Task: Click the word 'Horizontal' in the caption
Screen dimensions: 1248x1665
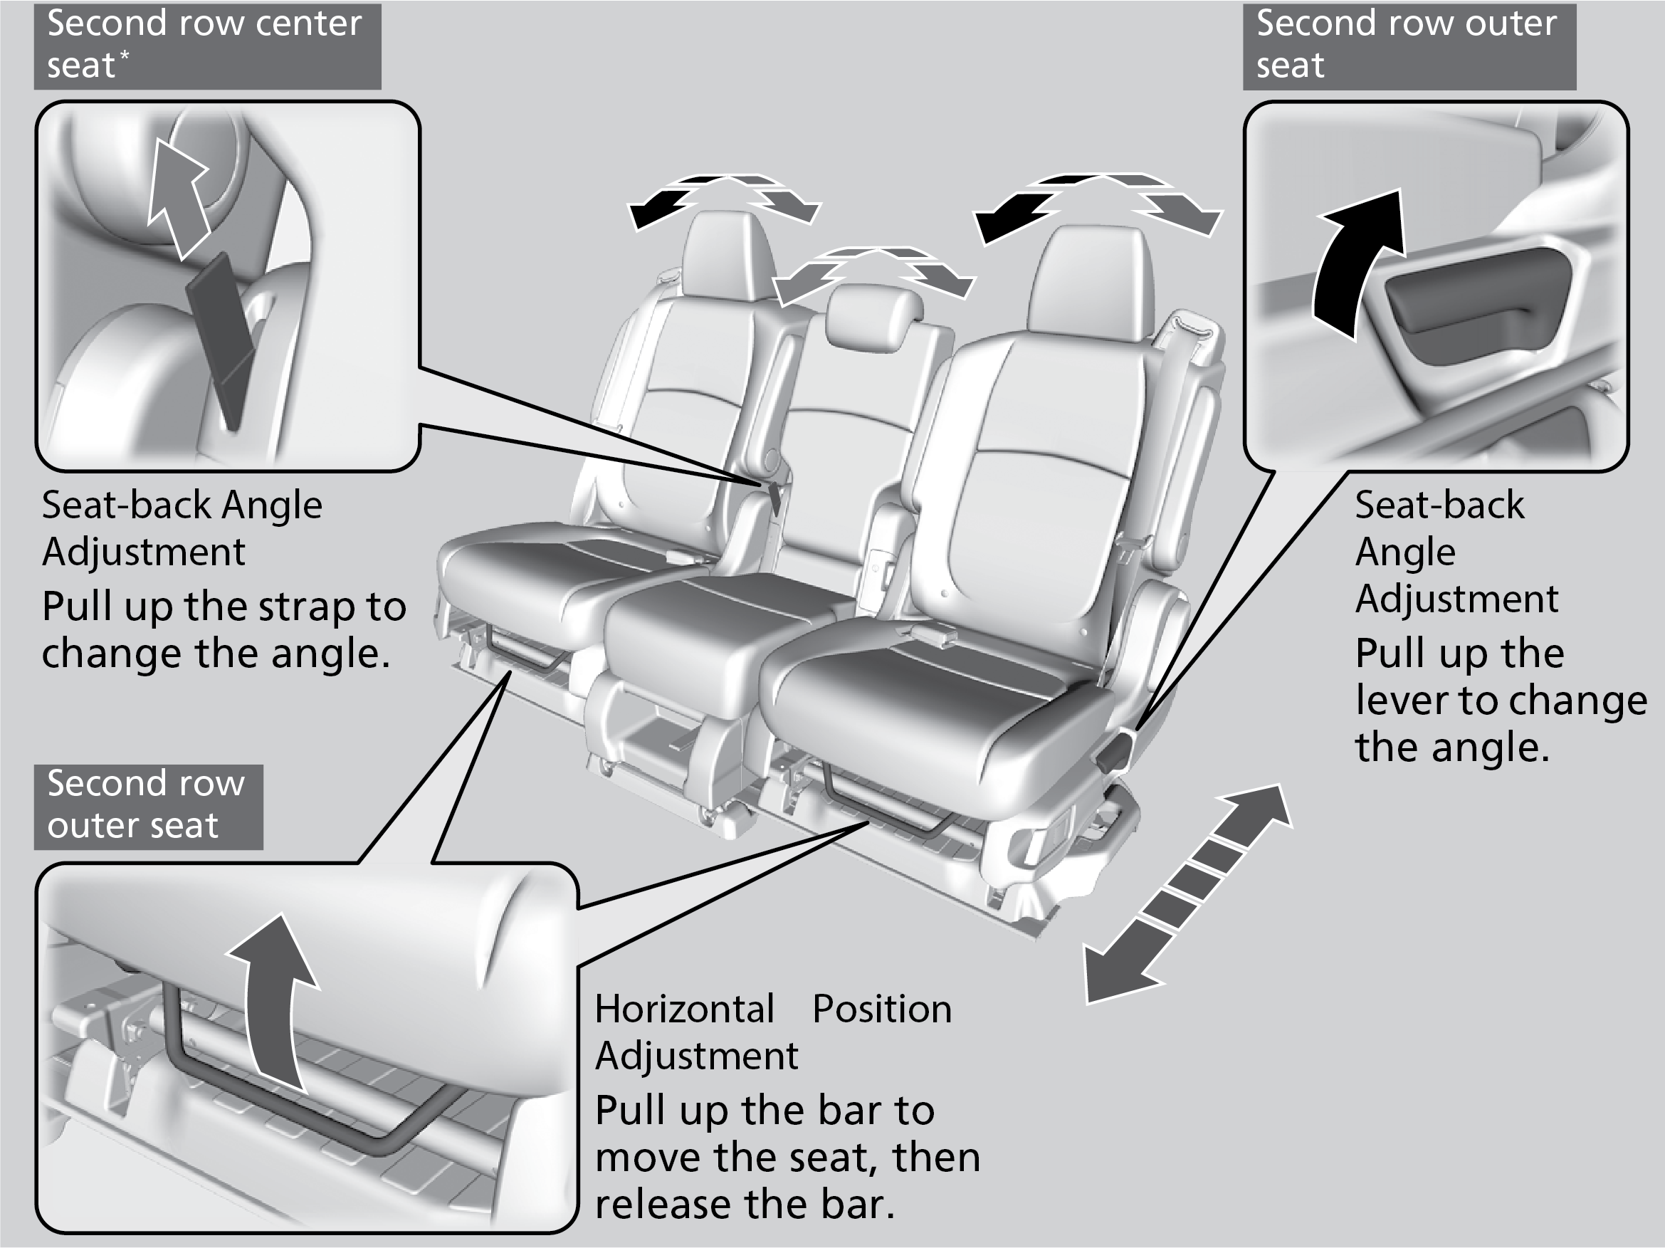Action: (684, 1010)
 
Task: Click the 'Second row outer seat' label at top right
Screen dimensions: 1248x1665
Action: (1407, 45)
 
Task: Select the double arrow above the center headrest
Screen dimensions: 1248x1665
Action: (873, 275)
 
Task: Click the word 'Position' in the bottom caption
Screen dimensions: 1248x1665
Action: (881, 1010)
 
